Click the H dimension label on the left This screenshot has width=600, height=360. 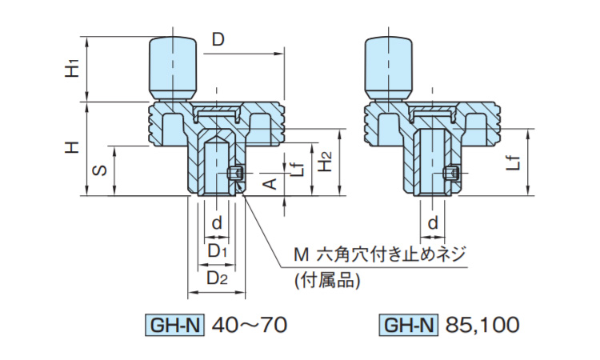(73, 148)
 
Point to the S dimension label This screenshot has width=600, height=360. (98, 170)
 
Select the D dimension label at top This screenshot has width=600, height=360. (218, 39)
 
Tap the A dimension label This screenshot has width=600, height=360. (271, 184)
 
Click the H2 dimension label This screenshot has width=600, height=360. (324, 162)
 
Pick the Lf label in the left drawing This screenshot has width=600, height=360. (297, 166)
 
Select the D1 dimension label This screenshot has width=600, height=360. (218, 251)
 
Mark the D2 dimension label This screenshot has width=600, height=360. (218, 278)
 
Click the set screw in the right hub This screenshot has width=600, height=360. (452, 173)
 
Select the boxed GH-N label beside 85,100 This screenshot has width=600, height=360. (409, 325)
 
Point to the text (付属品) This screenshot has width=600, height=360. (328, 280)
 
